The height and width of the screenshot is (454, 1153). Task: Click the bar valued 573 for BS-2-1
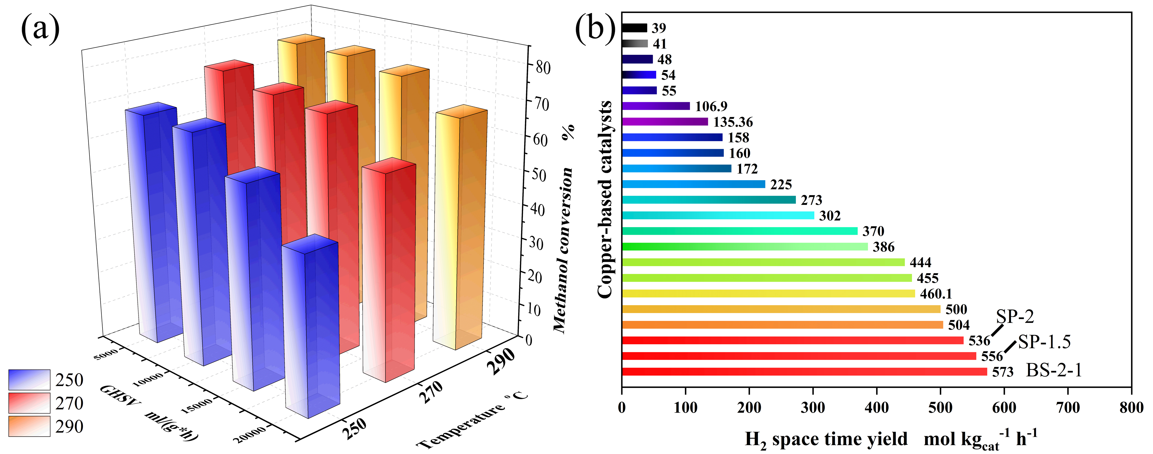tap(804, 372)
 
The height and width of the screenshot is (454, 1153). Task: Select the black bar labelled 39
tap(634, 28)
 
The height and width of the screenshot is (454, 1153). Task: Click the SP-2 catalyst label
tap(1015, 317)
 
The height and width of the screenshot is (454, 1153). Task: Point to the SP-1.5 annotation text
tap(1044, 342)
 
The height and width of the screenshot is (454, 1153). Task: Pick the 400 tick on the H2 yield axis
tap(876, 407)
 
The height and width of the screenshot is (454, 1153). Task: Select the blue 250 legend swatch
tap(29, 380)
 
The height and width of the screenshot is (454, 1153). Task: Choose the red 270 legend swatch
tap(29, 403)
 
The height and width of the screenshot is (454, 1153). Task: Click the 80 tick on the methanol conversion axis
tap(543, 67)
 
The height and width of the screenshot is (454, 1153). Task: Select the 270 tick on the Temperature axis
tap(431, 392)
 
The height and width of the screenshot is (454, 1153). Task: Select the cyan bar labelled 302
tap(718, 215)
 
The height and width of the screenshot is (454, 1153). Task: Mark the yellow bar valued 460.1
tap(768, 294)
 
